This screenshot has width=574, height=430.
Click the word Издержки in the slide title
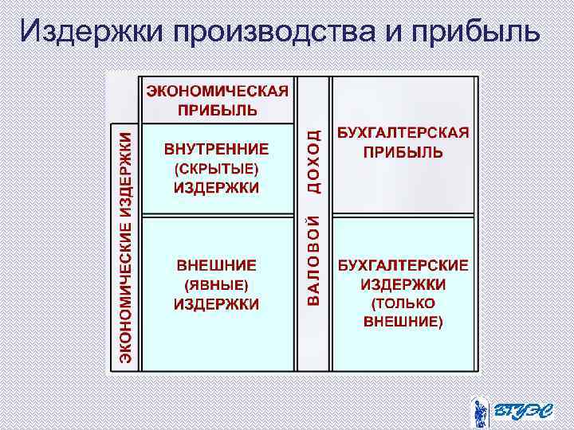[91, 31]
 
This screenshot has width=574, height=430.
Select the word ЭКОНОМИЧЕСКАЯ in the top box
[217, 91]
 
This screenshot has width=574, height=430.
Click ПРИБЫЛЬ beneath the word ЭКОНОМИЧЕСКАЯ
[217, 109]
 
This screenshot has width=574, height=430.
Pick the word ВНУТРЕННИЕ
[217, 149]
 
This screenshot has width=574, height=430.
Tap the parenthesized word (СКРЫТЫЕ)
[217, 169]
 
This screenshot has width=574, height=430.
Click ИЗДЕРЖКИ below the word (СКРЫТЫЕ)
[217, 188]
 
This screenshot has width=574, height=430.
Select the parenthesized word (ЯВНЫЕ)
[217, 284]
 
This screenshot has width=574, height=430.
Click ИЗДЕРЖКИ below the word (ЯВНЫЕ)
[217, 303]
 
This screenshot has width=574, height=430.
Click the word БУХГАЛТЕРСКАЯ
[403, 132]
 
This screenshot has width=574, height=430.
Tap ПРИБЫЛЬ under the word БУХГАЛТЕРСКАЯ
[403, 151]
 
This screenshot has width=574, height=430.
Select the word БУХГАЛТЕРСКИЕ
[403, 265]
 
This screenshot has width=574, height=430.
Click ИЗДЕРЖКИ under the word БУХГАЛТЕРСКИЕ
[403, 284]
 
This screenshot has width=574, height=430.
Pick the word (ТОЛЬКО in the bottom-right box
[403, 303]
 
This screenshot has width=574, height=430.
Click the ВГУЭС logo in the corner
[509, 410]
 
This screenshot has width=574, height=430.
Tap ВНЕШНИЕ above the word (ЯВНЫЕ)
[217, 265]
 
